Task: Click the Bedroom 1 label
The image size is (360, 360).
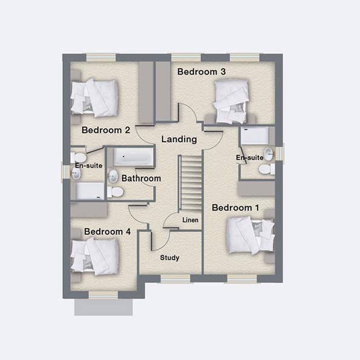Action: [235, 208]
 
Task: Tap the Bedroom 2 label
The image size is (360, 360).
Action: [106, 130]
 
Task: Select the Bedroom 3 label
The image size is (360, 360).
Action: [201, 72]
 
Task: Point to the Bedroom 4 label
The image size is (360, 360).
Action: [107, 232]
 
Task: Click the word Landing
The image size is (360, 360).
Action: [179, 139]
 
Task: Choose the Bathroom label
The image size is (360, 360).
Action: [141, 178]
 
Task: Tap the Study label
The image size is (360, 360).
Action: [169, 258]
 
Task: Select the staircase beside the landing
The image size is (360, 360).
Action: [190, 182]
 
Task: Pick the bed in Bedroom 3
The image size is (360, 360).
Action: [232, 102]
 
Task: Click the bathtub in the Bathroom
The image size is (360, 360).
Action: [133, 157]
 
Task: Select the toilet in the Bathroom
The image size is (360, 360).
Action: [116, 192]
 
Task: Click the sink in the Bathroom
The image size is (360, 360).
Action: [113, 176]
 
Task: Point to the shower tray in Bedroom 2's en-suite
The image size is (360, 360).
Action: [89, 191]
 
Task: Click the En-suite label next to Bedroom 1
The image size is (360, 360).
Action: [249, 158]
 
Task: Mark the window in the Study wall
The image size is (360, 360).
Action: [175, 278]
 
